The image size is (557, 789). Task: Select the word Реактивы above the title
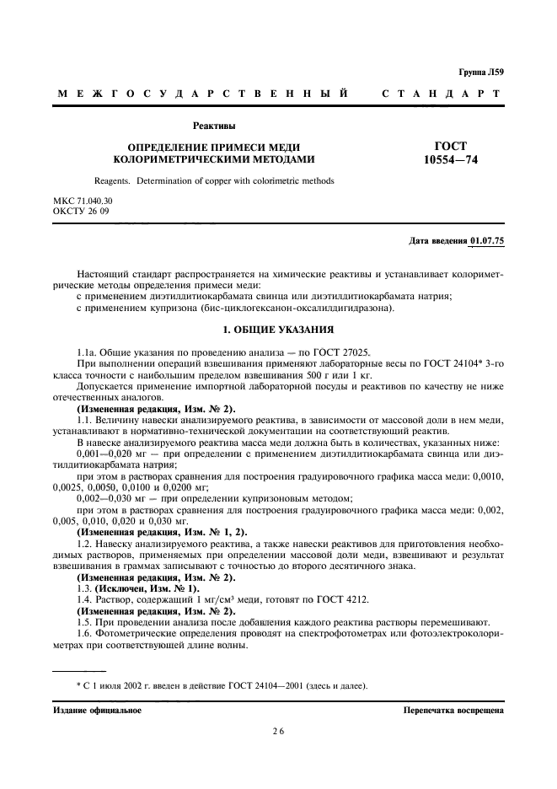(214, 126)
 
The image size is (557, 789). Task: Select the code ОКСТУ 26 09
(82, 211)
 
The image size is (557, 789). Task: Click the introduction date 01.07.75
(486, 242)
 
